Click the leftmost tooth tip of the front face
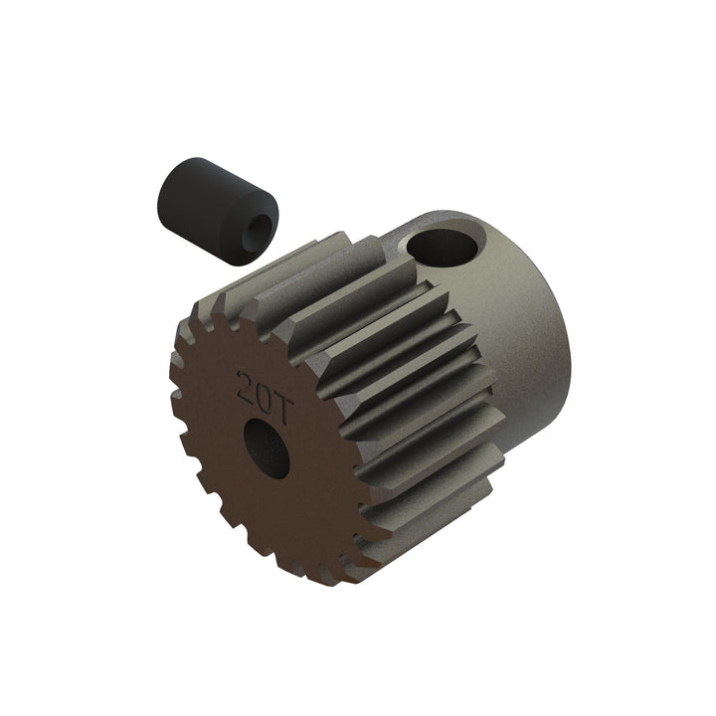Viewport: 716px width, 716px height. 172,356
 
